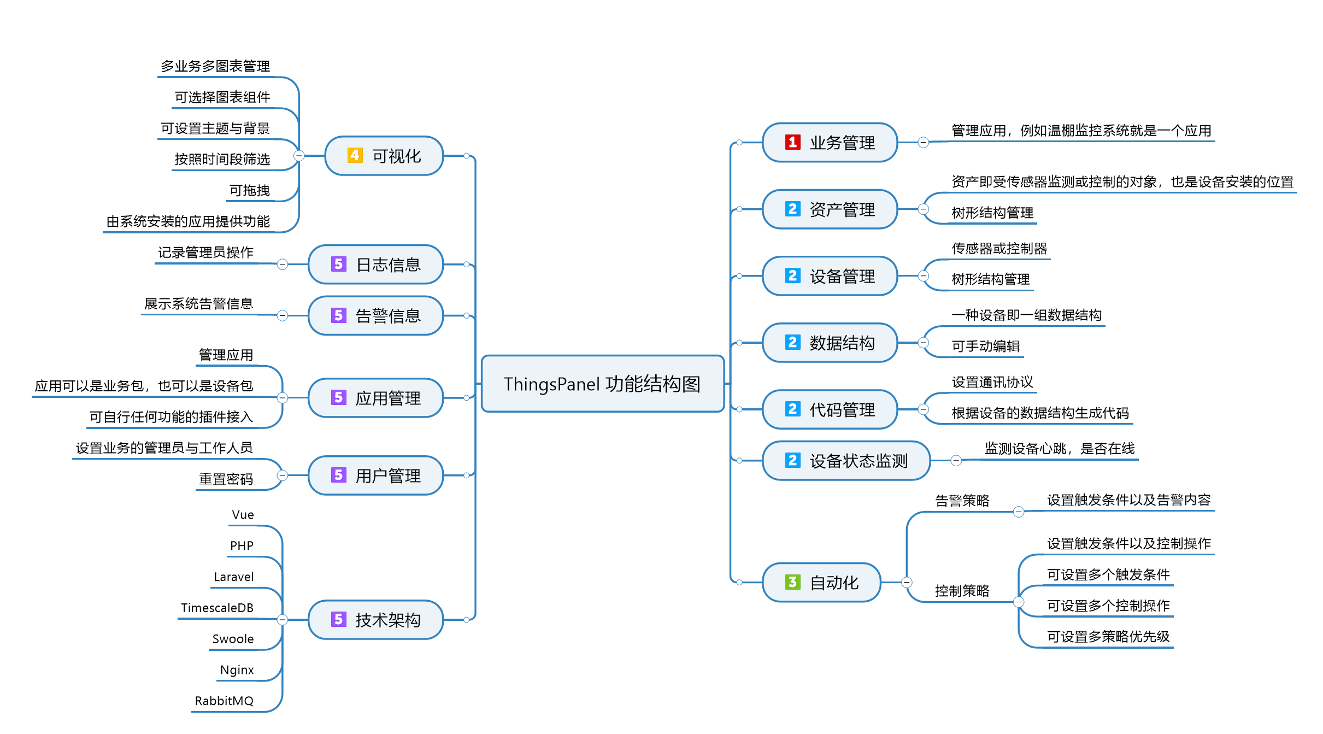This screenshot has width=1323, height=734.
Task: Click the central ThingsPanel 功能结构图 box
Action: [602, 384]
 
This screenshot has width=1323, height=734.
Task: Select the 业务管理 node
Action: [830, 143]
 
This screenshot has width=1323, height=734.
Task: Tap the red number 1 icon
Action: [792, 142]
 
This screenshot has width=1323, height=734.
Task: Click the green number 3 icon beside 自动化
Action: [792, 582]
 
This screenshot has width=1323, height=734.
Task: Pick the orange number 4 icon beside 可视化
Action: [355, 155]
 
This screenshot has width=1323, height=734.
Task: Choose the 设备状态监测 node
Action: [846, 461]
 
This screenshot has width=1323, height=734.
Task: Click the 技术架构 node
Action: [375, 620]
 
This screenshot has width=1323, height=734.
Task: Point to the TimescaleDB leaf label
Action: [217, 608]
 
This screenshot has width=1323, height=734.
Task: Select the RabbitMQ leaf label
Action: [224, 701]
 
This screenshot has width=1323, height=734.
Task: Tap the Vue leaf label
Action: [243, 515]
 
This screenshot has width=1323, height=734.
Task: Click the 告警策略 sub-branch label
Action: [962, 501]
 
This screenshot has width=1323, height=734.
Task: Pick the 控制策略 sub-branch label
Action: [962, 591]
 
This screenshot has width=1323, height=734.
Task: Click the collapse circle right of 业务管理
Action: [923, 143]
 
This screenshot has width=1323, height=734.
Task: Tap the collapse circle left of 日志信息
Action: [283, 265]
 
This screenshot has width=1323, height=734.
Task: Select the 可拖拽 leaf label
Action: [249, 190]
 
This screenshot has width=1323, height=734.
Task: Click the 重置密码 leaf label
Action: [226, 479]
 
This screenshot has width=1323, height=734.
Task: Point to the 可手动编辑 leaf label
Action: [985, 346]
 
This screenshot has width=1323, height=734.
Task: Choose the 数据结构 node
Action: [830, 343]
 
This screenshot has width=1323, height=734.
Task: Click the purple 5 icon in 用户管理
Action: [338, 475]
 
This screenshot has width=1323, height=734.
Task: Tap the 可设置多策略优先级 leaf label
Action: [1108, 637]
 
